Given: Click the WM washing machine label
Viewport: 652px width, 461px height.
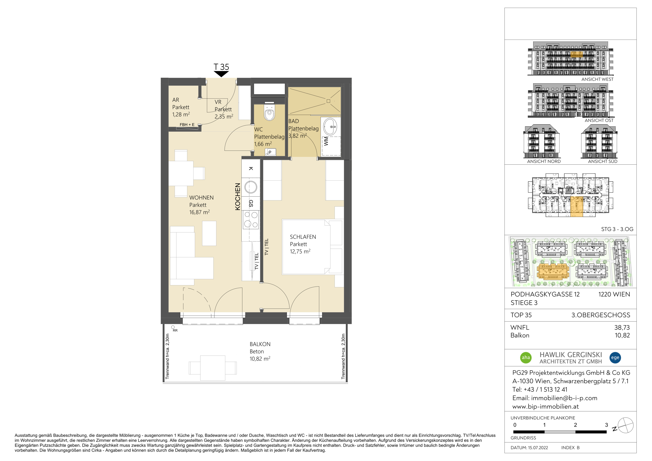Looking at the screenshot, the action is click(x=326, y=141).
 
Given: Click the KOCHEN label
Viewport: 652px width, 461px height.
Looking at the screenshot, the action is click(x=238, y=197).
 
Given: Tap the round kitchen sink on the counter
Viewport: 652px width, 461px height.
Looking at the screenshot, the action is click(x=251, y=187).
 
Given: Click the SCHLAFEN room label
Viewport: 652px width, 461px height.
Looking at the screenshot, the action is click(x=303, y=237).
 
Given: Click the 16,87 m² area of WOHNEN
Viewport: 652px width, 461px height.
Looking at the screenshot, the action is click(x=199, y=212).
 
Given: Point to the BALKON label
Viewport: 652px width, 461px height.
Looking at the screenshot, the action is click(x=260, y=344).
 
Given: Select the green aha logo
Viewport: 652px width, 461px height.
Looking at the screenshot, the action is click(x=526, y=357).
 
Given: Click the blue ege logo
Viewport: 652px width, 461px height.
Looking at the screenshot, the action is click(x=615, y=357).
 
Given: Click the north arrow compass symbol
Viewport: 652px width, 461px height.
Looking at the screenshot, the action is click(x=625, y=425).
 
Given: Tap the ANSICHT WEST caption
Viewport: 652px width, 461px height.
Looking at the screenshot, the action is click(x=597, y=79).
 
